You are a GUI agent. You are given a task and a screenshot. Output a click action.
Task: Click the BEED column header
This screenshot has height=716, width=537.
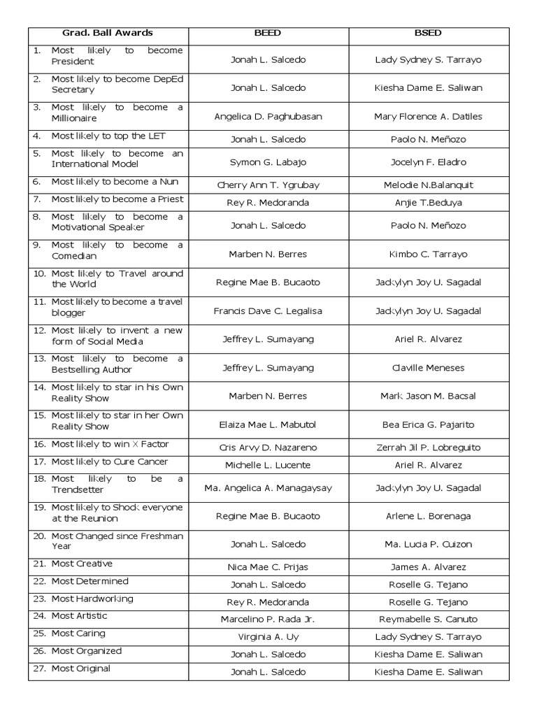point(268,33)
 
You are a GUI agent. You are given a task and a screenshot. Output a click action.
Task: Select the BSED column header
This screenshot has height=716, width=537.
point(428,33)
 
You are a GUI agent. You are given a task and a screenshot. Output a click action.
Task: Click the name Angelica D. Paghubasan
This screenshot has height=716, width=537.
point(268,117)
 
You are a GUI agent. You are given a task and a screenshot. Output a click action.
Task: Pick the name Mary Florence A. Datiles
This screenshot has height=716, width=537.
point(428,117)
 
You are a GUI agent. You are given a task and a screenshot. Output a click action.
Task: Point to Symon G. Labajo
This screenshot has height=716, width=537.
point(268,162)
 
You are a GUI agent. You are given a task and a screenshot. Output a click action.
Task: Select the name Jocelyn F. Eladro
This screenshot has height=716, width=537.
point(428,162)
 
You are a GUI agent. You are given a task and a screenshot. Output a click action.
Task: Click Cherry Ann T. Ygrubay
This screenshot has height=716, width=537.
point(268,185)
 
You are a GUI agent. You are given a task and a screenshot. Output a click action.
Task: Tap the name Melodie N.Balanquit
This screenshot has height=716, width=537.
point(428,185)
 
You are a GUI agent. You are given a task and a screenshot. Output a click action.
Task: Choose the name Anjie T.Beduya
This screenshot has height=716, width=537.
point(428,203)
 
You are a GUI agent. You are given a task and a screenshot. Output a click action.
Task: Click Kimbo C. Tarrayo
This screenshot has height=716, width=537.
point(428,255)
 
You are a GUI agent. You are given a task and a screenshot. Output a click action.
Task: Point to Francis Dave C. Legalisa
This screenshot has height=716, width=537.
point(268,311)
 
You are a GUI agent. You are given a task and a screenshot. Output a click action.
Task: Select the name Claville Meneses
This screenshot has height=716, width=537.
point(428,368)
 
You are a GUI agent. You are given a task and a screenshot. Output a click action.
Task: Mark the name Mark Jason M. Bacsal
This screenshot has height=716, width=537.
point(428,396)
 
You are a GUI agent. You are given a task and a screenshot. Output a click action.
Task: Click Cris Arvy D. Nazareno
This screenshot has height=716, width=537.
point(268,447)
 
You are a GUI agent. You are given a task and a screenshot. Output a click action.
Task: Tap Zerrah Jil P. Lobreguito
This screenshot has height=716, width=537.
point(428,447)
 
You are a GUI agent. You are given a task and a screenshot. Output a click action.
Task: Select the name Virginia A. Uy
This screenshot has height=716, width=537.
point(268,637)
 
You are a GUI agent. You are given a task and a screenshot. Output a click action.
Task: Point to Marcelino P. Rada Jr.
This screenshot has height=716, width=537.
point(268,620)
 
